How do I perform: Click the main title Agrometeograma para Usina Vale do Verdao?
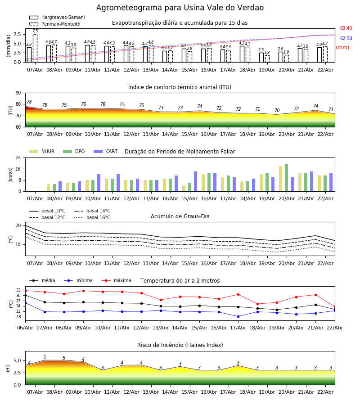pos(180,8)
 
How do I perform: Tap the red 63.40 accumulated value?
pos(346,28)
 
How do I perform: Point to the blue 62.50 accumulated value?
pos(346,39)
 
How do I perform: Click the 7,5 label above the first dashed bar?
pos(35,31)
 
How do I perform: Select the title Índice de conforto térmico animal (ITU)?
pos(180,87)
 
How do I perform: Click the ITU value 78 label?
pos(29,102)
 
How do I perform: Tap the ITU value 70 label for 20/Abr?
pos(277,111)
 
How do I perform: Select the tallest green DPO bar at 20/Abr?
pos(286,178)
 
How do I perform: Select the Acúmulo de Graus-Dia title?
pos(180,216)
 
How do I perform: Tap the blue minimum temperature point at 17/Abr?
pos(238,316)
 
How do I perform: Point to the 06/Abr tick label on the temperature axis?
pos(25,327)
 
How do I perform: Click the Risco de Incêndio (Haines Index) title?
pos(180,345)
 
